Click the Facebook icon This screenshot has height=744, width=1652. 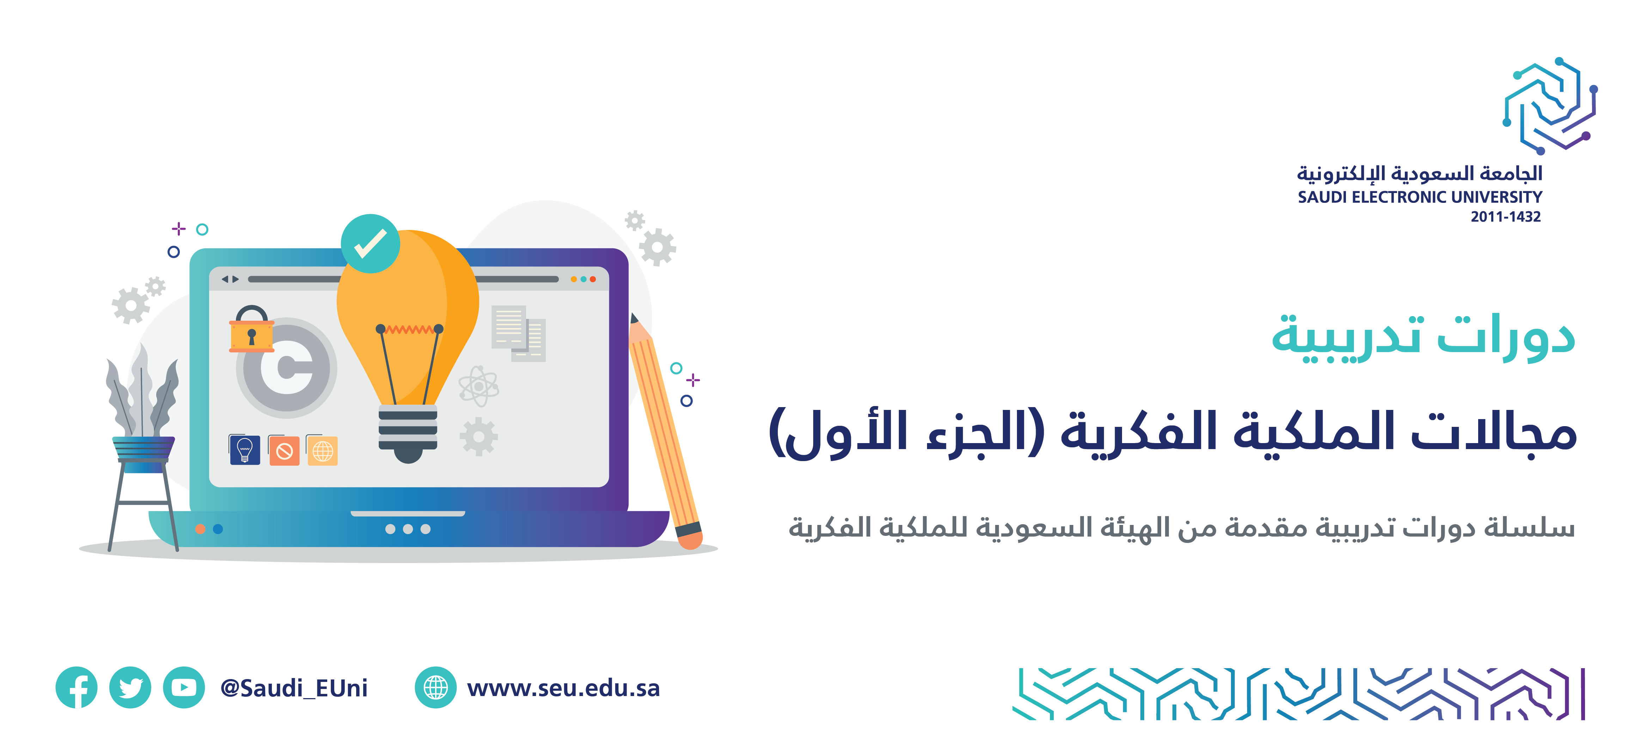pyautogui.click(x=76, y=688)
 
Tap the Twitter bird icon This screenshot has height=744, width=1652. pyautogui.click(x=130, y=688)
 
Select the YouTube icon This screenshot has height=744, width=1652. pyautogui.click(x=184, y=688)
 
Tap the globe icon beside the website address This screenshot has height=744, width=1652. pyautogui.click(x=435, y=688)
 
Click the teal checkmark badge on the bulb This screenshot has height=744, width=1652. pyautogui.click(x=370, y=244)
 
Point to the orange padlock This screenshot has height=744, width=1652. pyautogui.click(x=251, y=329)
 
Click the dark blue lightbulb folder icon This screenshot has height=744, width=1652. pyautogui.click(x=244, y=449)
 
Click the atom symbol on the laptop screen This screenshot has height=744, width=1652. pyautogui.click(x=478, y=386)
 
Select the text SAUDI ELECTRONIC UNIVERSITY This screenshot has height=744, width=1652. pyautogui.click(x=1420, y=197)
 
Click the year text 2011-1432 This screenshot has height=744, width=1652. pyautogui.click(x=1506, y=217)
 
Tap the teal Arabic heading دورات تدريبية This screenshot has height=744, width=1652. pyautogui.click(x=1423, y=338)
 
